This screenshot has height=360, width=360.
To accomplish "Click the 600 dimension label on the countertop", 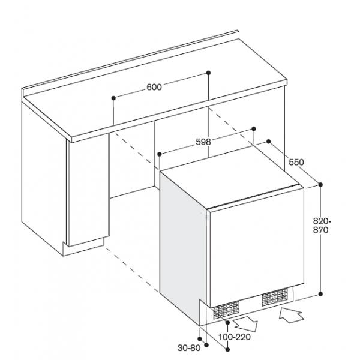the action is click(x=154, y=87).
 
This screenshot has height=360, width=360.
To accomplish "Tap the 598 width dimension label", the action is click(x=203, y=142).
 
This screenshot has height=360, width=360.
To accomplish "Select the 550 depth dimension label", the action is click(x=296, y=163).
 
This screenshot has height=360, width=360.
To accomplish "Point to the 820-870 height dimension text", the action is click(x=322, y=226).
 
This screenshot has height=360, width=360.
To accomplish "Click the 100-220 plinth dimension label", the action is click(x=234, y=337).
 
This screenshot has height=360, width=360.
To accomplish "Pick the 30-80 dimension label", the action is click(x=189, y=348).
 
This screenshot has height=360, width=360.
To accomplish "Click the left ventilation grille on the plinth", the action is click(x=226, y=310).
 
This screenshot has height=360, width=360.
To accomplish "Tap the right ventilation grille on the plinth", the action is click(x=275, y=298).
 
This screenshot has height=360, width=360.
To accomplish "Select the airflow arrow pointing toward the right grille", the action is click(x=291, y=315).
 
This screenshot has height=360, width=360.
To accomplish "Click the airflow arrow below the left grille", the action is click(x=245, y=324).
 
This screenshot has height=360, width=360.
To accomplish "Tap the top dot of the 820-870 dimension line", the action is click(x=321, y=185).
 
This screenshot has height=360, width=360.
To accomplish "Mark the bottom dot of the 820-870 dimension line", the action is click(x=321, y=293).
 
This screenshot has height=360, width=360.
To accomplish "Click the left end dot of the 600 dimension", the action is click(x=113, y=98).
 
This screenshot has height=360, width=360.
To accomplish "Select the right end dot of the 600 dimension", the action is click(x=208, y=73).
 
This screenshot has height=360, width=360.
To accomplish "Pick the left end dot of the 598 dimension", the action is click(x=160, y=154).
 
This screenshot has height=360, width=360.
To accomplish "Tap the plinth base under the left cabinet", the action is click(x=84, y=247).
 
